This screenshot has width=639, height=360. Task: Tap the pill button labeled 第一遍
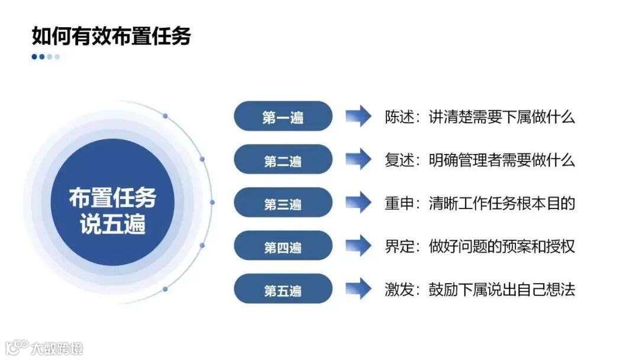pyautogui.click(x=283, y=117)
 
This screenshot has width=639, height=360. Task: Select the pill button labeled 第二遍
pyautogui.click(x=283, y=160)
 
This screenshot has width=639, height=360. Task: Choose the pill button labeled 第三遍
pyautogui.click(x=283, y=203)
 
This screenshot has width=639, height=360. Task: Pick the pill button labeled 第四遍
pyautogui.click(x=283, y=246)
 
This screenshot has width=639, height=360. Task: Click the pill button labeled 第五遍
pyautogui.click(x=283, y=290)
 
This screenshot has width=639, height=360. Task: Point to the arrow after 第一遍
pyautogui.click(x=358, y=116)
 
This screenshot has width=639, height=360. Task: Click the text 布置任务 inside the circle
pyautogui.click(x=112, y=197)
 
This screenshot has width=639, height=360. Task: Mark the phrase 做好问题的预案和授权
pyautogui.click(x=502, y=246)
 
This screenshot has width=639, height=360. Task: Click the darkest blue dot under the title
pyautogui.click(x=35, y=57)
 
